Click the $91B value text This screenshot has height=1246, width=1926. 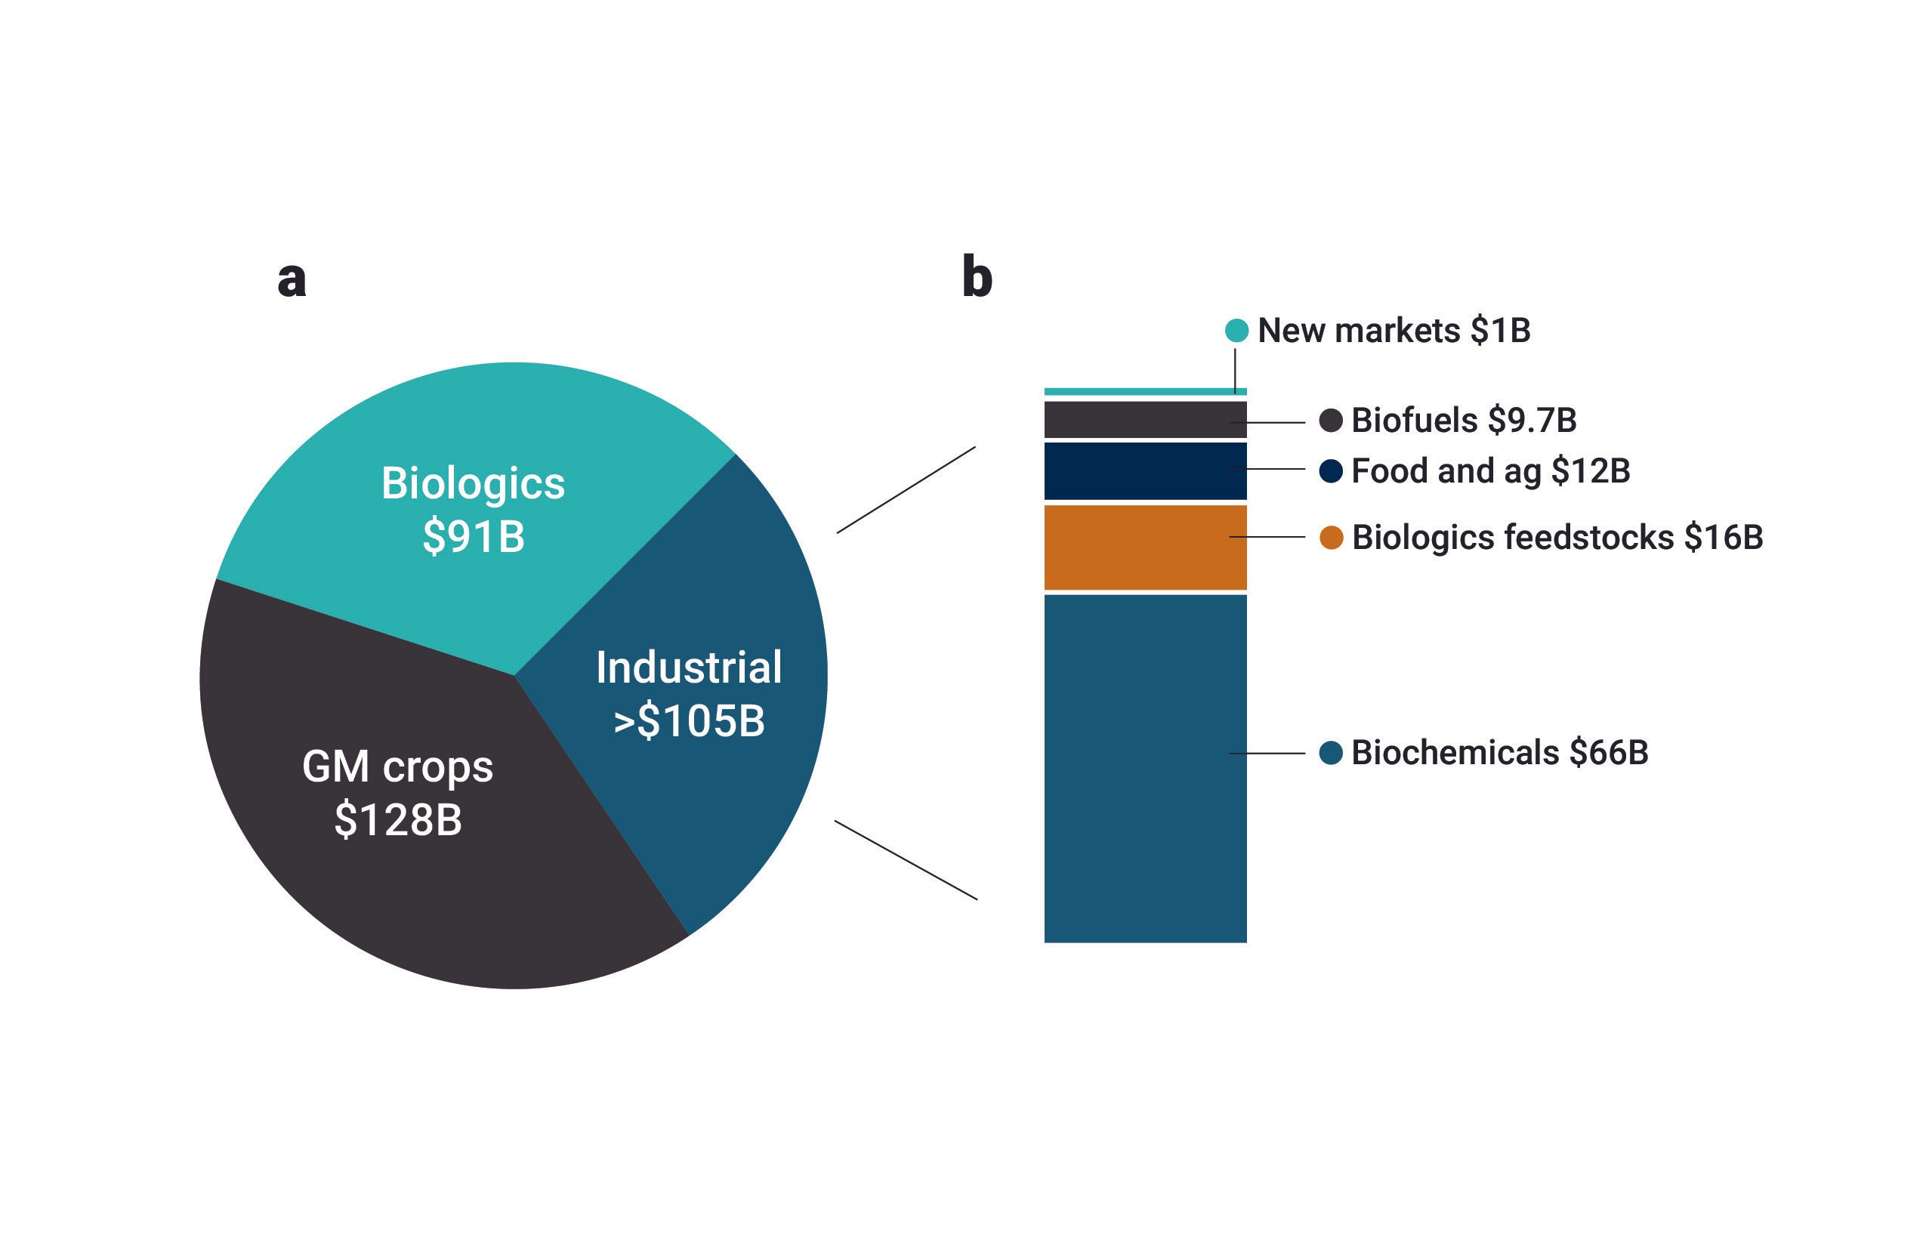click(x=474, y=536)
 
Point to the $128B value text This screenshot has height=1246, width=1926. click(x=397, y=819)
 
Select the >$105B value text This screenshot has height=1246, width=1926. click(x=689, y=721)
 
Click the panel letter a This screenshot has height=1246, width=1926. click(x=292, y=279)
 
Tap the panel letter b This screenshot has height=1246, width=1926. click(x=977, y=278)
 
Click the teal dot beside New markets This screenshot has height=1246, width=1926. click(x=1236, y=330)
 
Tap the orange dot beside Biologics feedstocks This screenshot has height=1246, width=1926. click(x=1331, y=537)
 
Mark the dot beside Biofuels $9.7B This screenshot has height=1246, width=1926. click(x=1331, y=420)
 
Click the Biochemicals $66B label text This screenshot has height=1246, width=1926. click(x=1499, y=752)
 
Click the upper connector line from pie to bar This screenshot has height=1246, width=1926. click(x=906, y=489)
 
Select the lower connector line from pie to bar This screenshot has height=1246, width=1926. click(x=906, y=860)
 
